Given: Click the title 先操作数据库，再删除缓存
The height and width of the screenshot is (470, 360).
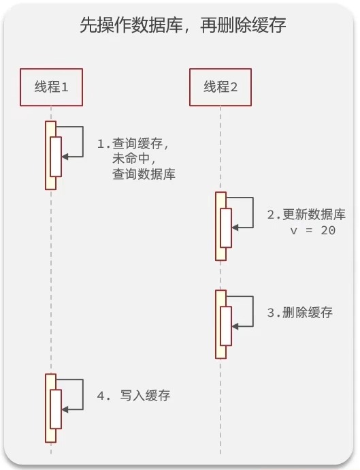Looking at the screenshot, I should pyautogui.click(x=179, y=27).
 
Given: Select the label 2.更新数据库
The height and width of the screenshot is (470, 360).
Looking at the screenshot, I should pyautogui.click(x=306, y=215).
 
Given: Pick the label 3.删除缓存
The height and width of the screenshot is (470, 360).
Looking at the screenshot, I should pyautogui.click(x=300, y=313).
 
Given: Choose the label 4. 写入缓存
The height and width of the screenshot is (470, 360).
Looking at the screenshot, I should pyautogui.click(x=133, y=395).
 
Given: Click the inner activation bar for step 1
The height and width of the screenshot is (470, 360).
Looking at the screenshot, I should pyautogui.click(x=56, y=157).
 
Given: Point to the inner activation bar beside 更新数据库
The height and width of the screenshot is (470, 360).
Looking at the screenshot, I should pyautogui.click(x=225, y=228).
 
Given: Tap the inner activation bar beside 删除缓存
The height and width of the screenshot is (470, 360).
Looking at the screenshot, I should pyautogui.click(x=225, y=326).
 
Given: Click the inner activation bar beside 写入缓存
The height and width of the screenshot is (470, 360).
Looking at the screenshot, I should pyautogui.click(x=56, y=409).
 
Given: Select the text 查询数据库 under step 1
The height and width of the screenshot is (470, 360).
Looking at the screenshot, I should pyautogui.click(x=144, y=174).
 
